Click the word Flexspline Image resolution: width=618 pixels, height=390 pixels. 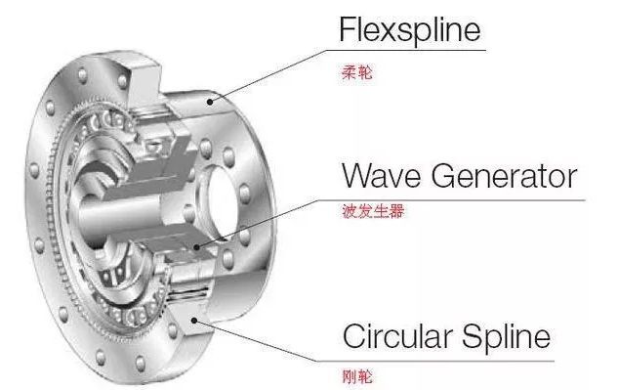point(410,30)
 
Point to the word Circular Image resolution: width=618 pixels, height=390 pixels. point(389,337)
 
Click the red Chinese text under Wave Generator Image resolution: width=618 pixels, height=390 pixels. point(366,209)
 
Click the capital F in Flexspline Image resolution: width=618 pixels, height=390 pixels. point(347,30)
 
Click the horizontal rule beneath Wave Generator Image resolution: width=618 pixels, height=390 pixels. point(449,197)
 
